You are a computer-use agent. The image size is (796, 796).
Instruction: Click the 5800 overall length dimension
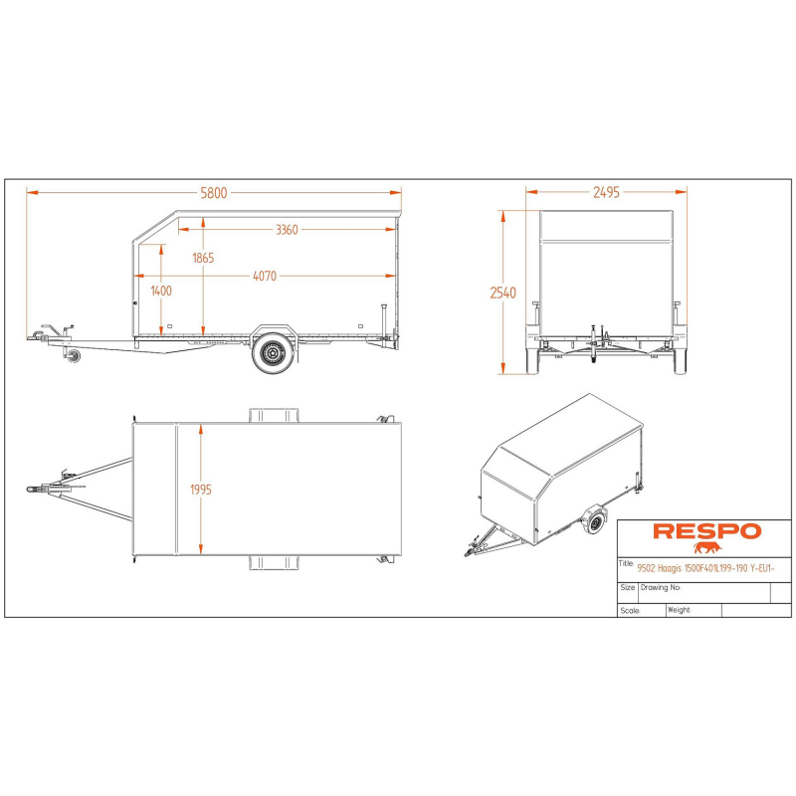(214, 193)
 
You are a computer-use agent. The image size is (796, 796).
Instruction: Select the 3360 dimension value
(287, 230)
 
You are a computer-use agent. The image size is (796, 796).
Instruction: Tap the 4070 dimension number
(265, 277)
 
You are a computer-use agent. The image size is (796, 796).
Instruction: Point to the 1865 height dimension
(203, 258)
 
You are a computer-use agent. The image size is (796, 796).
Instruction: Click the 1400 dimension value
(161, 291)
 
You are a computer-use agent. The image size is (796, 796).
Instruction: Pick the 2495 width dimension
(606, 192)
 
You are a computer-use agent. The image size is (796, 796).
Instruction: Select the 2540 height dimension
(502, 293)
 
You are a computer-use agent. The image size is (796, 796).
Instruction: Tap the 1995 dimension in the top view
(201, 490)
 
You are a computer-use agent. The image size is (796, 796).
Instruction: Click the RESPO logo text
(706, 531)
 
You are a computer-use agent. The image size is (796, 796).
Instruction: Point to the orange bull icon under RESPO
(707, 548)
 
